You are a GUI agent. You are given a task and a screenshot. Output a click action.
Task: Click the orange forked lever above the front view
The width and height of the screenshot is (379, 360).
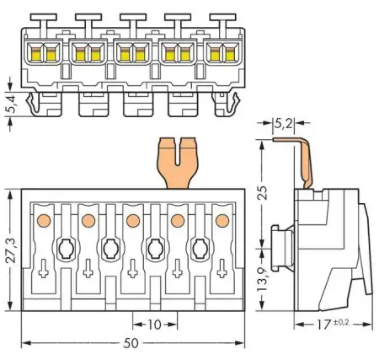coord(176,164)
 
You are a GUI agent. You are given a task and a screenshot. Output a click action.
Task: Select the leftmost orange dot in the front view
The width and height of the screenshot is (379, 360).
coord(42,221)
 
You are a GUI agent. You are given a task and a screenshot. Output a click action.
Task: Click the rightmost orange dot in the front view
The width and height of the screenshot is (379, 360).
coord(222,221)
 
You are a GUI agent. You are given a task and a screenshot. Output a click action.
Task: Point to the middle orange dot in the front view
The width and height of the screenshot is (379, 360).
coord(132,221)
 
